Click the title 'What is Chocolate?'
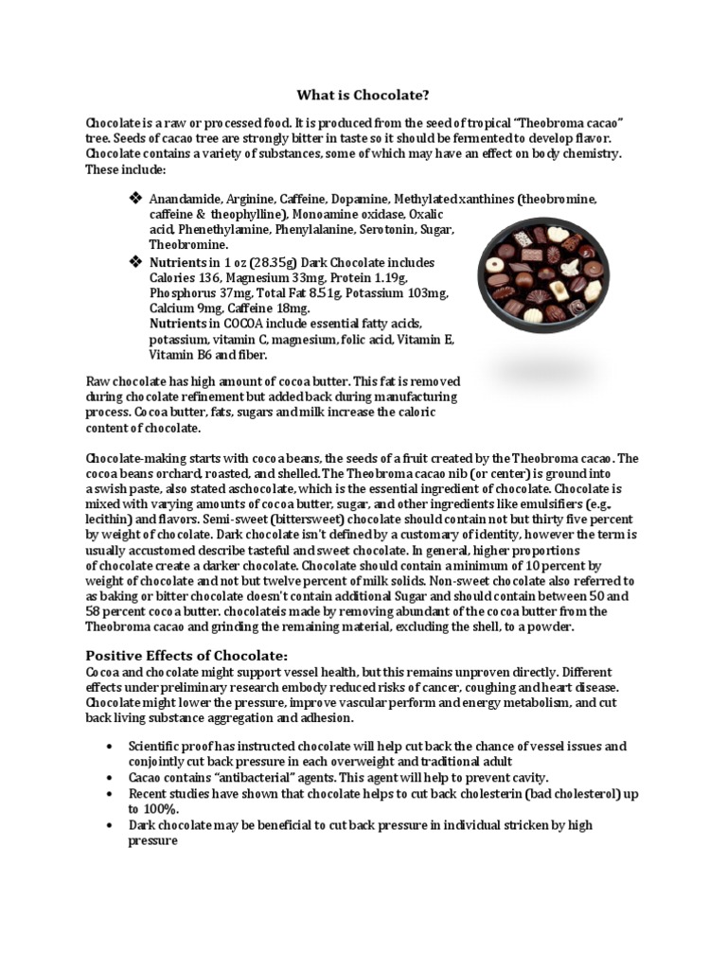point(363,95)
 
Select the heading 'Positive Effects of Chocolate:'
point(187,656)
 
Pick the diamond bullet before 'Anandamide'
point(133,199)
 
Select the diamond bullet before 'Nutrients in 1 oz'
point(133,261)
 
